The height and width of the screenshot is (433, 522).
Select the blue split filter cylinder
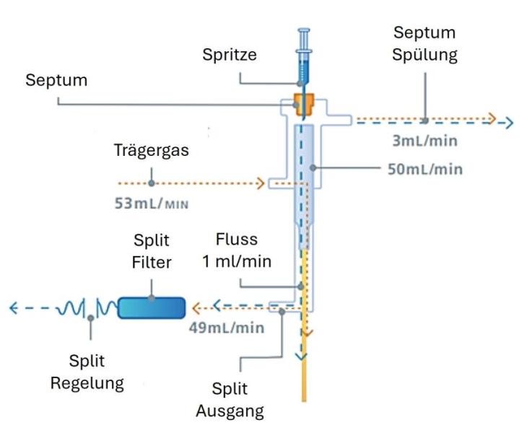(x=152, y=308)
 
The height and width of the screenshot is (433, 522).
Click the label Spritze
(x=229, y=54)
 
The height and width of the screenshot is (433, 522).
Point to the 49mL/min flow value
(x=226, y=328)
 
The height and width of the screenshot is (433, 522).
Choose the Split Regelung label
(x=87, y=372)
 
